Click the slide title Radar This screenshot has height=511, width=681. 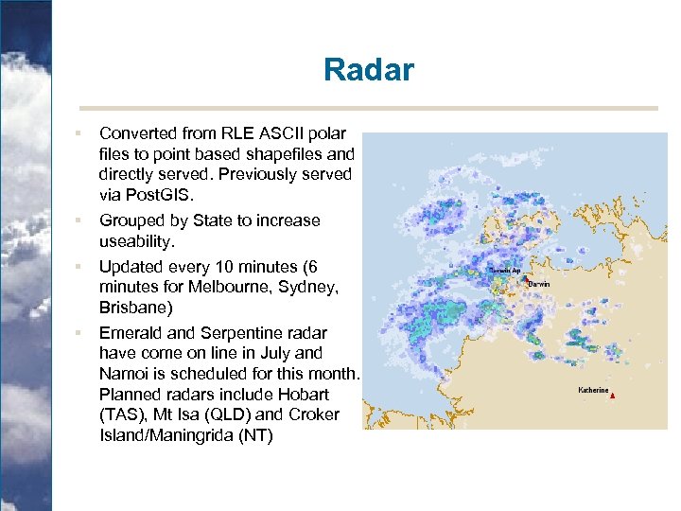click(x=368, y=70)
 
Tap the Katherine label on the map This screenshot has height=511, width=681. click(x=593, y=390)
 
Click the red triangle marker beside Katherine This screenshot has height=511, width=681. click(x=613, y=396)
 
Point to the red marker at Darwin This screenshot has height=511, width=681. click(x=523, y=278)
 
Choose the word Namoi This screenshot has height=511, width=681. click(x=124, y=374)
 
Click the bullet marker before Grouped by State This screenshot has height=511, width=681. click(x=81, y=221)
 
